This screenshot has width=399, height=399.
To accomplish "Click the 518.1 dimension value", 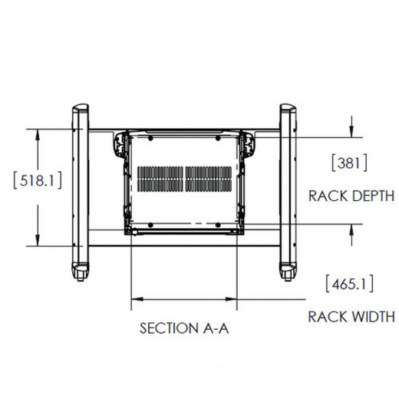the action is [x=38, y=181].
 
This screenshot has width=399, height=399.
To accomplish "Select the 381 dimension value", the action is [x=349, y=163].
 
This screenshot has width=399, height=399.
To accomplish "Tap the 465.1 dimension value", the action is [x=350, y=284].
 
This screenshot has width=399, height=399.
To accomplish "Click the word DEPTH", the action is [x=373, y=196].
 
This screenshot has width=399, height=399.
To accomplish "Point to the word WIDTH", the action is [x=373, y=317].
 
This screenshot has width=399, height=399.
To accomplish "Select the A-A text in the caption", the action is [x=216, y=328].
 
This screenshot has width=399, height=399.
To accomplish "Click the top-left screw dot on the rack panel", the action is [x=150, y=138].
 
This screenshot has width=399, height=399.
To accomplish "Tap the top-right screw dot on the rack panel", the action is [x=218, y=138].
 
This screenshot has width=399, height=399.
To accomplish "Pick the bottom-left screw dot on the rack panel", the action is [x=150, y=225].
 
